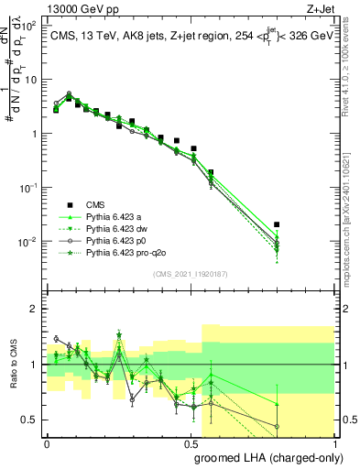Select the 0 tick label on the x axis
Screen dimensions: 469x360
47,442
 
